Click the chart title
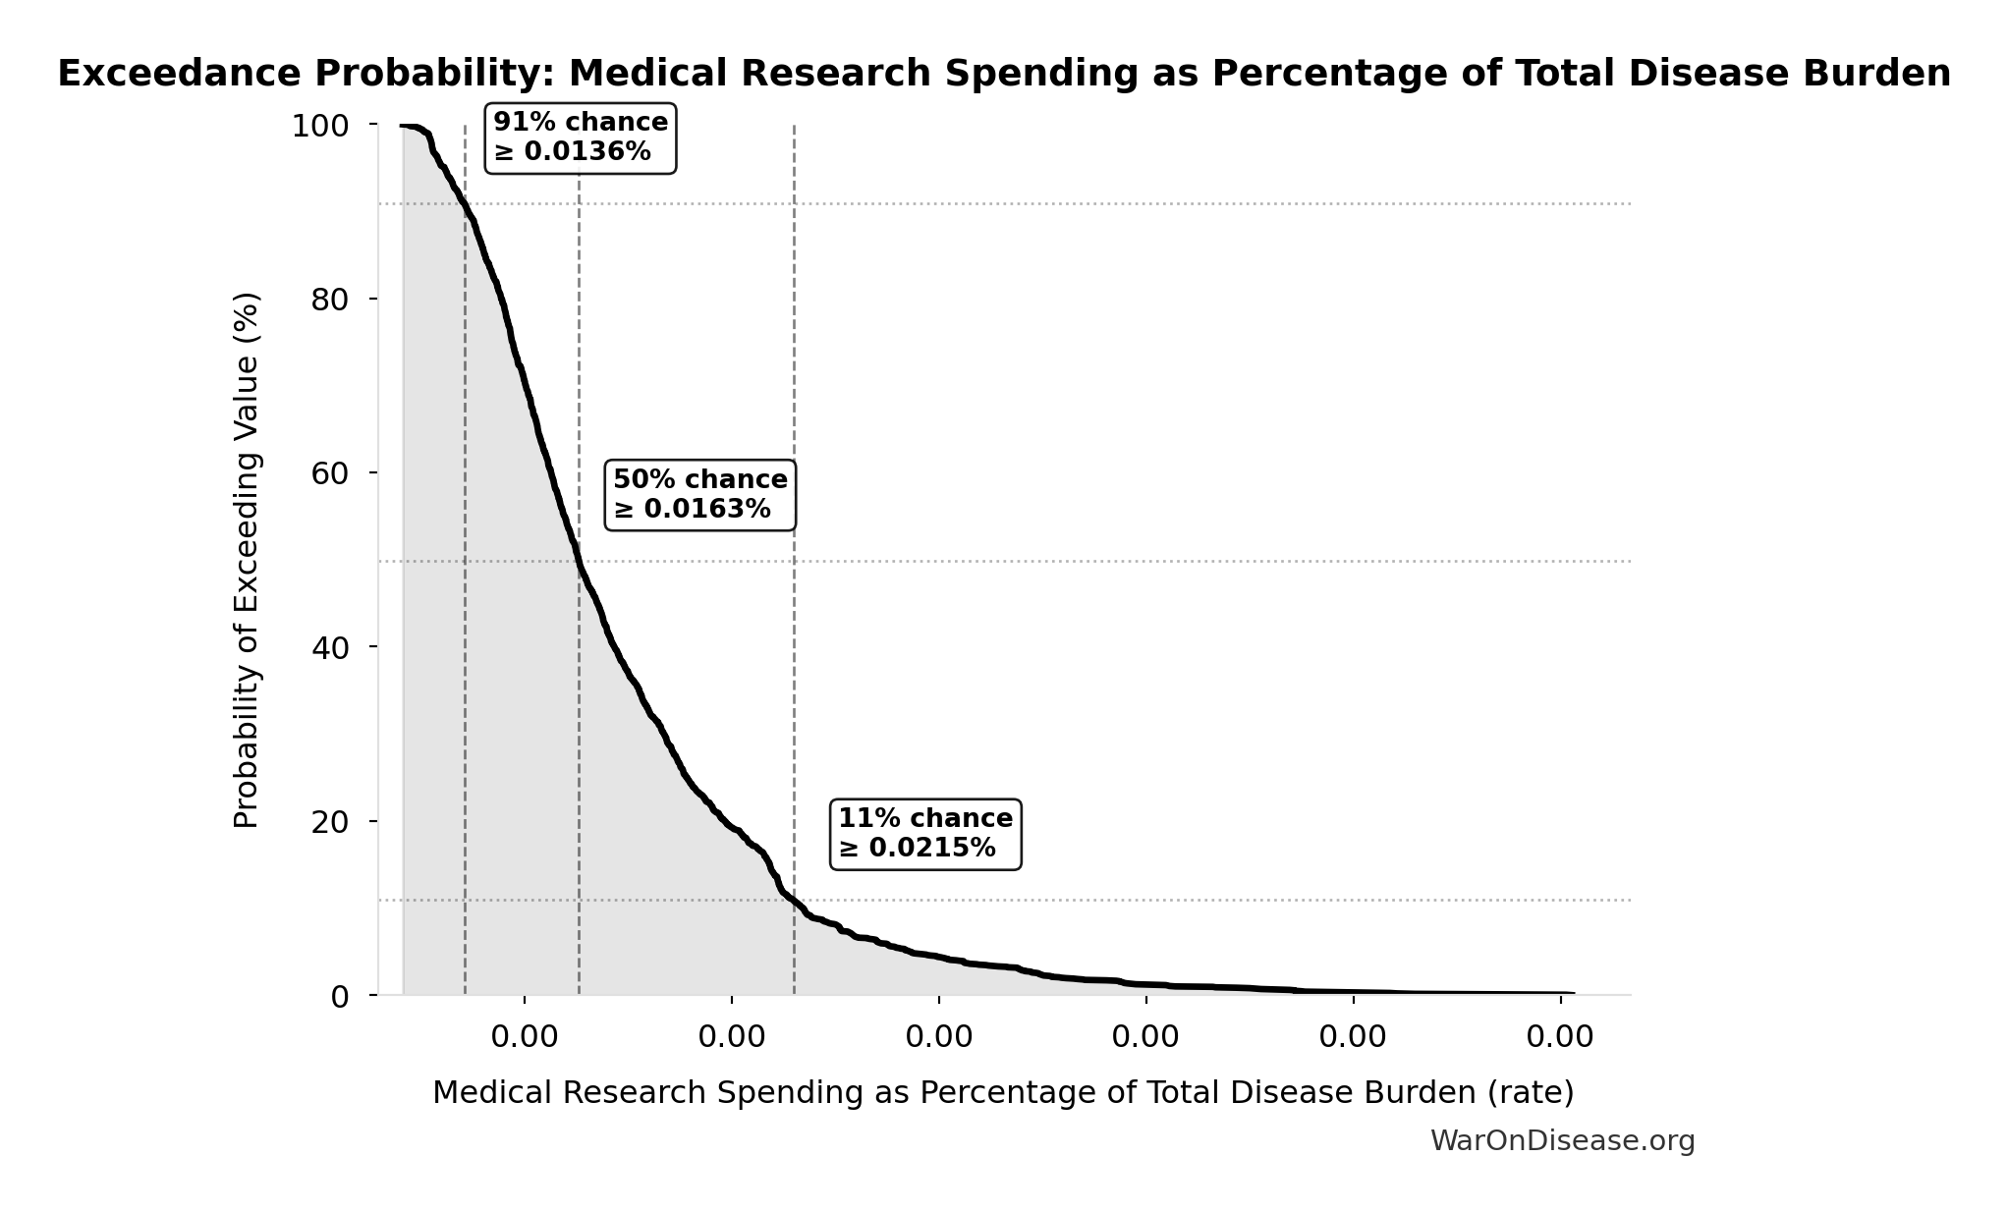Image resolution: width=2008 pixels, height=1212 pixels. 1004,74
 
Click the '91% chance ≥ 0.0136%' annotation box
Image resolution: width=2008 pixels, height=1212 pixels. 581,138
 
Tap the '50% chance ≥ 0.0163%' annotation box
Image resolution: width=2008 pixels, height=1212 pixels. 699,495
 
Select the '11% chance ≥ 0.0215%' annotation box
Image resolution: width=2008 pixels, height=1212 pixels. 925,834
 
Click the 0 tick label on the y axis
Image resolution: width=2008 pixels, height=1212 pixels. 339,997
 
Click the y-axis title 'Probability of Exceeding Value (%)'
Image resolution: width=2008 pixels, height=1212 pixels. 247,560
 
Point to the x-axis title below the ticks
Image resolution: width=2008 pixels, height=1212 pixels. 1003,1092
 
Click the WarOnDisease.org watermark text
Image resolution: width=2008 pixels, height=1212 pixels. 1562,1140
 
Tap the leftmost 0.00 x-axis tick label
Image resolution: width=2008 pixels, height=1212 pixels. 525,1037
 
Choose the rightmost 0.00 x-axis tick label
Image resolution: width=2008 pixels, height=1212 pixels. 1560,1037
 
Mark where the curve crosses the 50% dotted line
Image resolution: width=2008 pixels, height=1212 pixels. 579,562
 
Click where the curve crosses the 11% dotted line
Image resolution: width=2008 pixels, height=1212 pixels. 795,900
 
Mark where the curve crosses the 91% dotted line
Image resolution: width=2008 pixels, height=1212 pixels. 465,204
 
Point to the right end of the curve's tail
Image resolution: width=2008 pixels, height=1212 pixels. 1573,994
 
